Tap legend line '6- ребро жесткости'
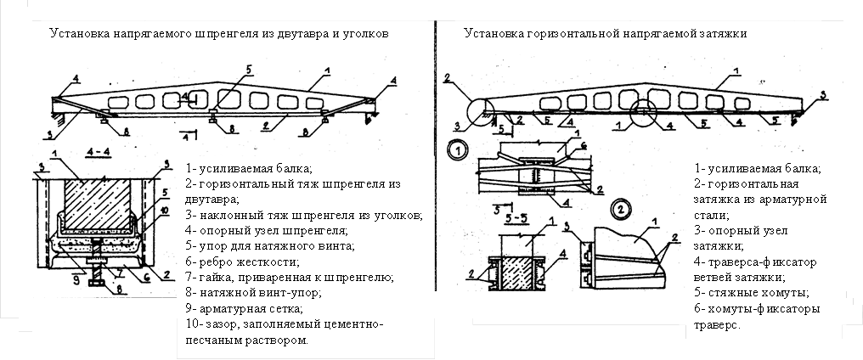click(235, 262)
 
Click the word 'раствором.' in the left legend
click(275, 340)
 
